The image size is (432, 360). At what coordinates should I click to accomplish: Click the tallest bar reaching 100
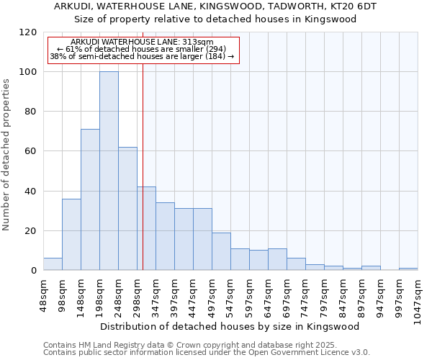coord(109,171)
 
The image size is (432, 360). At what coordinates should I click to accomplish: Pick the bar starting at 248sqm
coord(127,209)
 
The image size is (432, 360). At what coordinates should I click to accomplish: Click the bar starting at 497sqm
coord(221,251)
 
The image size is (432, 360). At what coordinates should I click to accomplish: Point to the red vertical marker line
coord(143,166)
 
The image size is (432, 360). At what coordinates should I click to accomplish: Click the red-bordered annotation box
coord(143,50)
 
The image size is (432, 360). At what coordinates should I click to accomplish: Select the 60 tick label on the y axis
coord(30,151)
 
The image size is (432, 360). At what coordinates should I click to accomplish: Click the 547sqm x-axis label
coord(230,294)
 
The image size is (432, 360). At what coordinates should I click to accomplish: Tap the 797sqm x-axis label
coord(324,294)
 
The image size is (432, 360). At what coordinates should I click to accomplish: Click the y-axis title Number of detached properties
coord(7,155)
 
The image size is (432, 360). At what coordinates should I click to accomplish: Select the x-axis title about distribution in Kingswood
coord(230,326)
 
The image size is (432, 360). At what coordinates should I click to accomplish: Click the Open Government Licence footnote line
coord(207,353)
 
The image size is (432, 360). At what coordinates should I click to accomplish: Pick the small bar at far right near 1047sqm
coord(408,269)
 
